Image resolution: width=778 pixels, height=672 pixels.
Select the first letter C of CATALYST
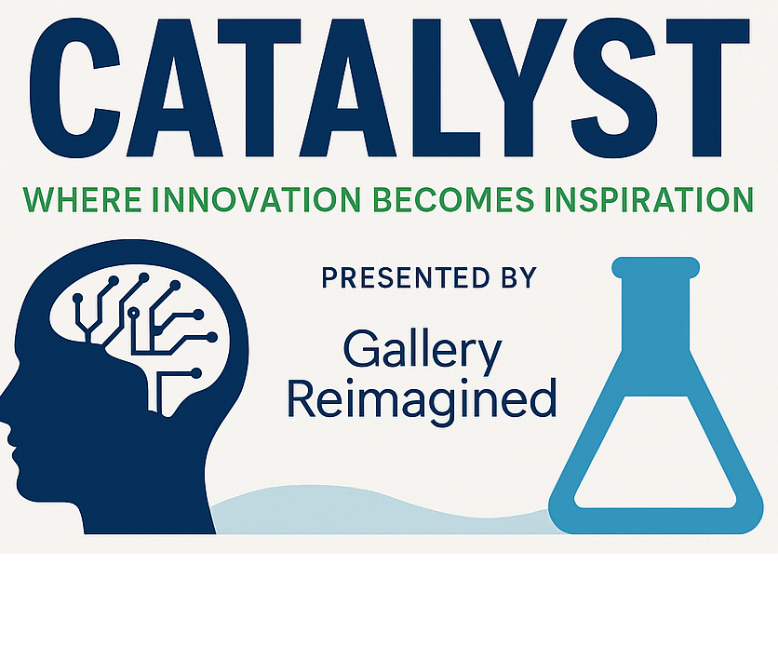(75, 87)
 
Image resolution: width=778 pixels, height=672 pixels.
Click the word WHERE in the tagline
(83, 199)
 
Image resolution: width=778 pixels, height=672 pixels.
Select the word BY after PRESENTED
(519, 277)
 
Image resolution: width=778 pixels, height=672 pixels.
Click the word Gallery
(423, 351)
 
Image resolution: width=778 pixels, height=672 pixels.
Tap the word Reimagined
(423, 400)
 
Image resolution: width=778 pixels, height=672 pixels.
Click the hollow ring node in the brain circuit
(133, 313)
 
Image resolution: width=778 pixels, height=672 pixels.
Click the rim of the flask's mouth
(656, 267)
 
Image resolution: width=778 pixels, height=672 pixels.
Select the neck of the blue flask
(656, 314)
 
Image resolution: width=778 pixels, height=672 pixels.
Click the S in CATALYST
(615, 87)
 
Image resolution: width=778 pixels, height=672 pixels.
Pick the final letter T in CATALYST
(707, 87)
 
